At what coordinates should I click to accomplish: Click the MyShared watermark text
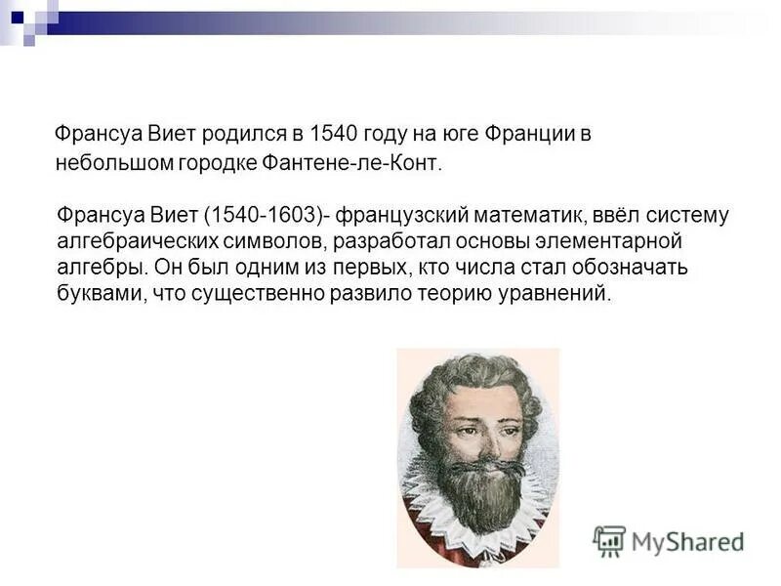(x=687, y=540)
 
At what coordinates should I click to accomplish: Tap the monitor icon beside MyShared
(x=610, y=540)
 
